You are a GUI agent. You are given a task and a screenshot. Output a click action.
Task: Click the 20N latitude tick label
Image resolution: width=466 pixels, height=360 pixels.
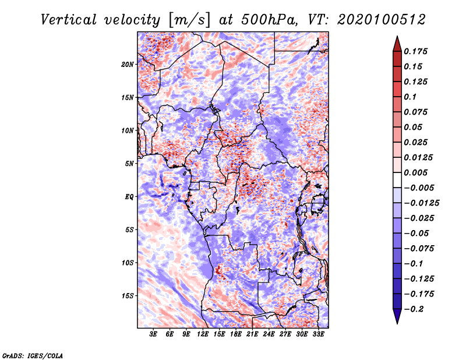pyautogui.click(x=128, y=65)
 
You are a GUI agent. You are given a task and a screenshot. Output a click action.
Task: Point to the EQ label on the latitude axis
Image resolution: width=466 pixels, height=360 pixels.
pyautogui.click(x=129, y=197)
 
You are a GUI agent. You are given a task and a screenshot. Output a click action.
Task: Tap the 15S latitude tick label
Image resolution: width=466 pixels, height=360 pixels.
pyautogui.click(x=128, y=296)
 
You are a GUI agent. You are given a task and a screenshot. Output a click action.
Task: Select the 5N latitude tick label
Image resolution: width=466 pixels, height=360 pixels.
pyautogui.click(x=129, y=164)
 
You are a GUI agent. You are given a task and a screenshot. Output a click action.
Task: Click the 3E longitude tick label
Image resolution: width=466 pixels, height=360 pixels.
pyautogui.click(x=153, y=334)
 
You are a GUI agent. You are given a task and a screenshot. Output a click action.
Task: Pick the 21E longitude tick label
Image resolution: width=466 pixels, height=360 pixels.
pyautogui.click(x=252, y=334)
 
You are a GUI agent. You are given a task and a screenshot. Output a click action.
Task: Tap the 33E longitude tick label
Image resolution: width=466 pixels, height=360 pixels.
pyautogui.click(x=318, y=334)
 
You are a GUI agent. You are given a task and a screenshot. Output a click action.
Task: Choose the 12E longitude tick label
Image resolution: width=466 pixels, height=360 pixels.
pyautogui.click(x=203, y=334)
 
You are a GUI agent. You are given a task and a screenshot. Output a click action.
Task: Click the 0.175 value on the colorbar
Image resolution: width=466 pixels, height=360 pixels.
pyautogui.click(x=415, y=51)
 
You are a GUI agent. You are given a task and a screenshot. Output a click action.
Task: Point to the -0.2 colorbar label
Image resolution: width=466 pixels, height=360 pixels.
pyautogui.click(x=414, y=309)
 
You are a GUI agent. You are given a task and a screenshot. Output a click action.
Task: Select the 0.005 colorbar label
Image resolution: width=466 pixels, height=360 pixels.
pyautogui.click(x=415, y=172)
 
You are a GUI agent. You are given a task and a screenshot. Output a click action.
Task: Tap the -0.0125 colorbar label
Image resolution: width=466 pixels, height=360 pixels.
pyautogui.click(x=421, y=203)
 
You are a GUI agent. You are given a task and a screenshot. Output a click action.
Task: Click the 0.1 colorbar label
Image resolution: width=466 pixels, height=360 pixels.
pyautogui.click(x=410, y=97)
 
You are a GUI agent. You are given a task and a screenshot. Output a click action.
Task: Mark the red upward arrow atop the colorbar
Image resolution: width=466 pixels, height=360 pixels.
pyautogui.click(x=397, y=44)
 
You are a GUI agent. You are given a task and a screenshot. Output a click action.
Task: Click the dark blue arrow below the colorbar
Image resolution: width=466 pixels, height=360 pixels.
pyautogui.click(x=397, y=316)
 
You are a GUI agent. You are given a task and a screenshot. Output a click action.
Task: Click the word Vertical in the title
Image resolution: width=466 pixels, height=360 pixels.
pyautogui.click(x=68, y=20)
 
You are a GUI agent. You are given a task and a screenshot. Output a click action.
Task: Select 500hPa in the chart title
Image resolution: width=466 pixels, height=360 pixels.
pyautogui.click(x=269, y=20)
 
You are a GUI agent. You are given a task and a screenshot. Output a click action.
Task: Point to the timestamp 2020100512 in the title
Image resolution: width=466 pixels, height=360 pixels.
pyautogui.click(x=382, y=20)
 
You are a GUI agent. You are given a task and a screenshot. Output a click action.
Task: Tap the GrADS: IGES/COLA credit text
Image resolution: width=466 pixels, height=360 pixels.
pyautogui.click(x=32, y=355)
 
